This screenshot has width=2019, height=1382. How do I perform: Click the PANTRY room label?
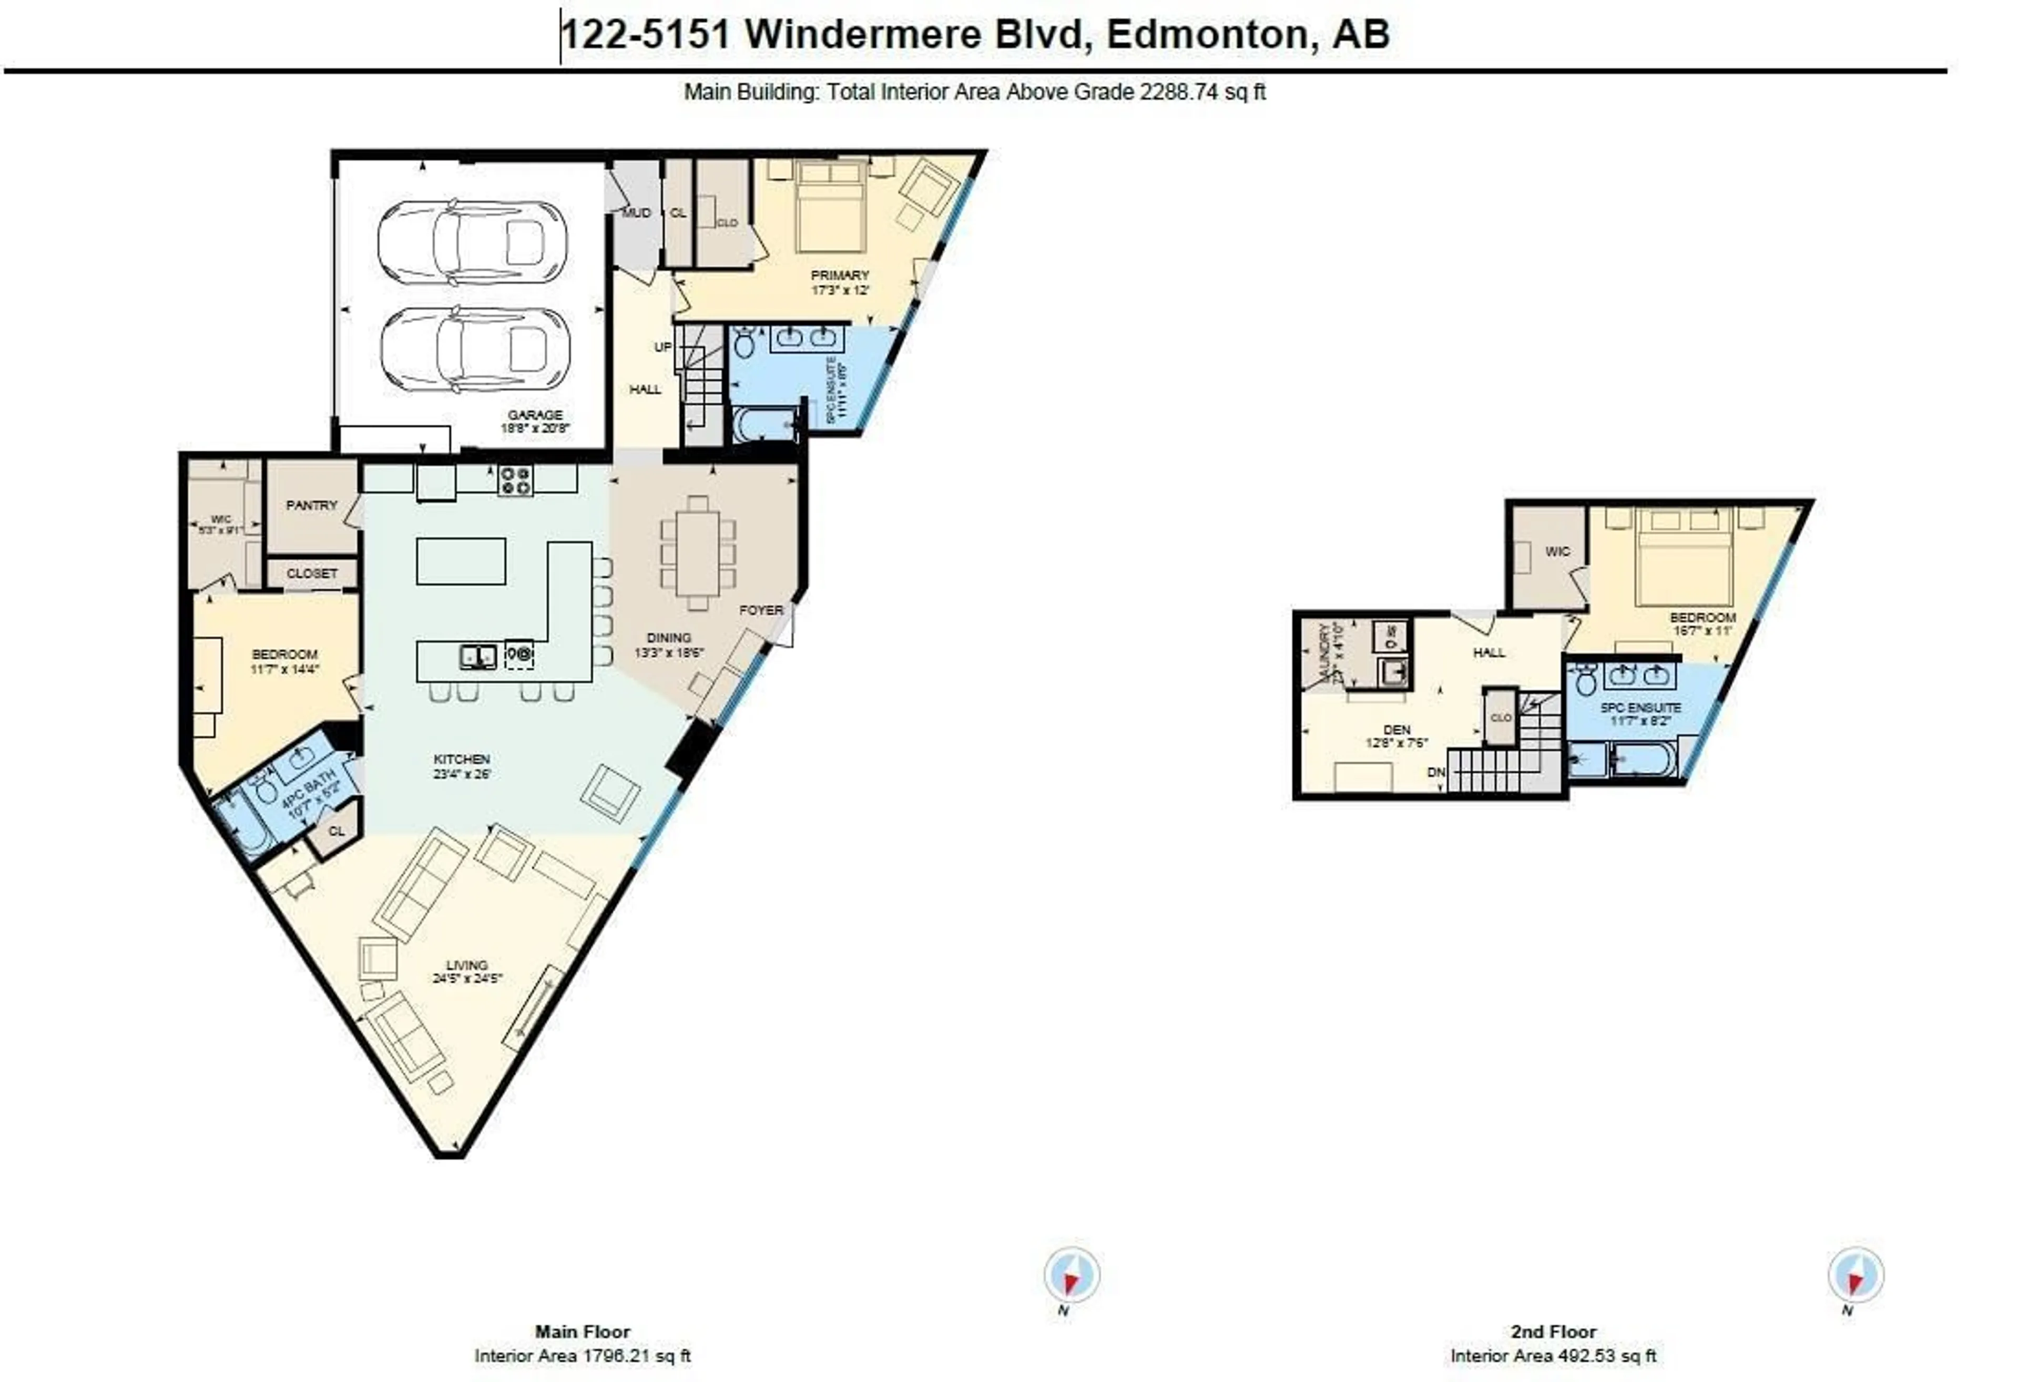point(311,505)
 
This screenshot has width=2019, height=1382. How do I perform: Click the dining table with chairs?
point(698,554)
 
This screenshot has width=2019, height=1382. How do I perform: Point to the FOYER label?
point(761,610)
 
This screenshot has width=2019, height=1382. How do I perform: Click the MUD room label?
point(636,213)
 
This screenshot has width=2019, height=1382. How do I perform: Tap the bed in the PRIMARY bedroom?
point(831,206)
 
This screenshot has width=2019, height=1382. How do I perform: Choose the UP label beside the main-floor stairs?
point(663,346)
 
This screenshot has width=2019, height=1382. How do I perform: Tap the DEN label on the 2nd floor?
point(1396,730)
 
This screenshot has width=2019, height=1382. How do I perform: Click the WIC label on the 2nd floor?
point(1558,551)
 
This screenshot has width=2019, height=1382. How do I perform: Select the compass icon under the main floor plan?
point(1071,1275)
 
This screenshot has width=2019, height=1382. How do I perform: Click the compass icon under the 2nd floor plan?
point(1855,1275)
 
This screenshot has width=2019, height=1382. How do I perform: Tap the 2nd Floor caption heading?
point(1553,1332)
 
